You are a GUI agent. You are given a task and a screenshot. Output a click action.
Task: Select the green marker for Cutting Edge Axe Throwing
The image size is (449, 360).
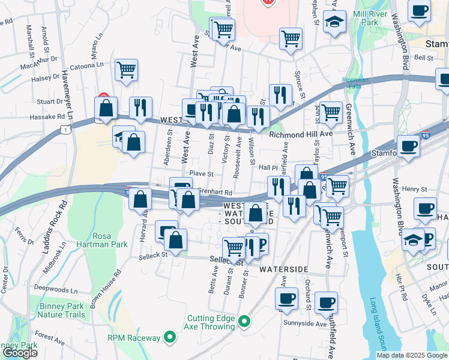click(244, 322)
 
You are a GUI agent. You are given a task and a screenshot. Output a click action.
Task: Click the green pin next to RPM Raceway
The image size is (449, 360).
click(170, 338)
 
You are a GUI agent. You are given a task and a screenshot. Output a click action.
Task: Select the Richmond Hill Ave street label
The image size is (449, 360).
click(300, 134)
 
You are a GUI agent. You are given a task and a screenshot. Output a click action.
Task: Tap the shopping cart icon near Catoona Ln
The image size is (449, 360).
click(127, 70)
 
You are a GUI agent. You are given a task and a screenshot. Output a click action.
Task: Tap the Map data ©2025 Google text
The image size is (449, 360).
click(412, 355)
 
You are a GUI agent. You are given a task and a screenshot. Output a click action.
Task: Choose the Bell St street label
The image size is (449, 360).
click(424, 58)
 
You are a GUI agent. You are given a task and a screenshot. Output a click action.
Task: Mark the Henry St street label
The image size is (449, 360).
click(414, 189)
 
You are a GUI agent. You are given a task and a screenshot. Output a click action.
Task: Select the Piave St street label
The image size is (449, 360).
click(202, 173)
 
